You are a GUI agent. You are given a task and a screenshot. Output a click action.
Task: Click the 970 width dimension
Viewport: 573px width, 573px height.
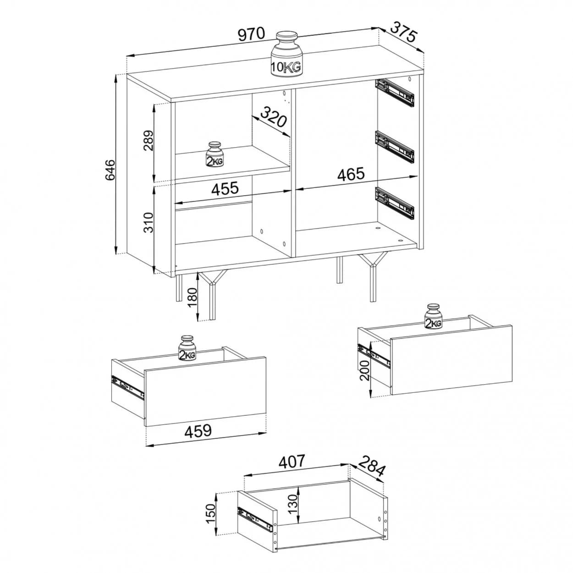(251, 34)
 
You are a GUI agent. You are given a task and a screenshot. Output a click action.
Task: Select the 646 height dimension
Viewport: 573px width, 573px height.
(110, 170)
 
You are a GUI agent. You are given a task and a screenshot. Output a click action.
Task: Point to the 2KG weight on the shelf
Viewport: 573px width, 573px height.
(215, 154)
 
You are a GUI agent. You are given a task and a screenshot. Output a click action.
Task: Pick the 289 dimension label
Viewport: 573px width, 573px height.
(149, 140)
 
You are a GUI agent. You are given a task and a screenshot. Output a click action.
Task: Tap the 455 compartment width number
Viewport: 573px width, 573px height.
(225, 188)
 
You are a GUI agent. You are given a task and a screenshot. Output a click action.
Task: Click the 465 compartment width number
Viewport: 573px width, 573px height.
(351, 174)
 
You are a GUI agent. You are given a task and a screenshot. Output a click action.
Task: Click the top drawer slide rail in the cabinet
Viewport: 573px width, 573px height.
(395, 92)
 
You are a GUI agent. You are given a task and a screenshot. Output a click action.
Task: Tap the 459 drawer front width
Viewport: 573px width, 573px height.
(198, 431)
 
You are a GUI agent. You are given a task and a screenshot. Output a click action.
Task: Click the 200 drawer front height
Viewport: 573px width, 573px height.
(364, 369)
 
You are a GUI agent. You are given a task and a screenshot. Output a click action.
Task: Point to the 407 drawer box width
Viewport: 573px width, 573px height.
(292, 462)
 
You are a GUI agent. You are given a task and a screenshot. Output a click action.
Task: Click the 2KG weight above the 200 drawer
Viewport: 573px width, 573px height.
(433, 316)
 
